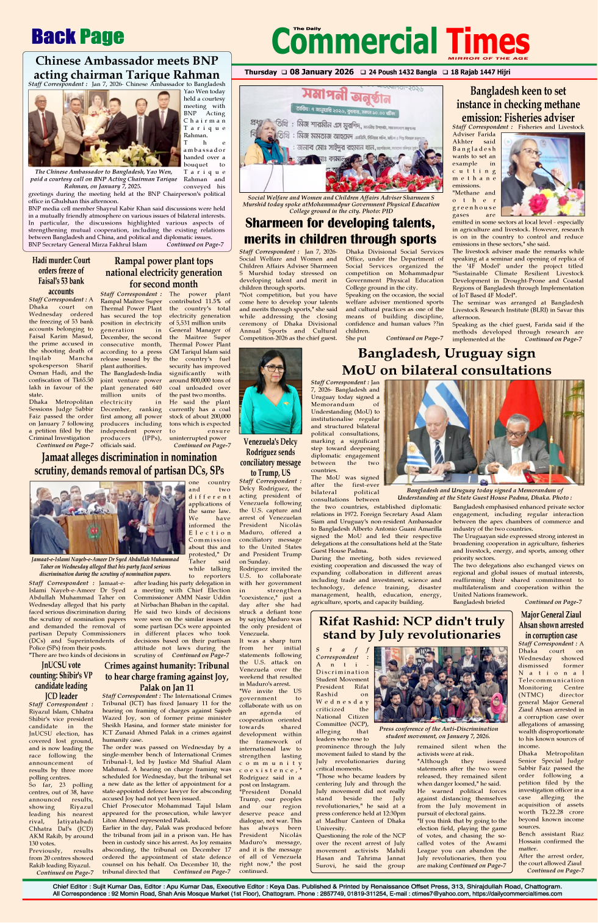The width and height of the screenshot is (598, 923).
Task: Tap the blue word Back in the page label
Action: (54, 37)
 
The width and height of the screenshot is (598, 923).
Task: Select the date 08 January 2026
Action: (321, 72)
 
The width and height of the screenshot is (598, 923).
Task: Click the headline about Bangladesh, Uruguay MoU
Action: (446, 362)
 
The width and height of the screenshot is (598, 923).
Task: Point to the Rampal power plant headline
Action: (164, 272)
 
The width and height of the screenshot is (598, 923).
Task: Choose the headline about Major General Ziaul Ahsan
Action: (551, 625)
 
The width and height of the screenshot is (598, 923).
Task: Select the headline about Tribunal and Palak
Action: (167, 677)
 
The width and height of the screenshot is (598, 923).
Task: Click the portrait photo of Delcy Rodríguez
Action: (270, 391)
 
